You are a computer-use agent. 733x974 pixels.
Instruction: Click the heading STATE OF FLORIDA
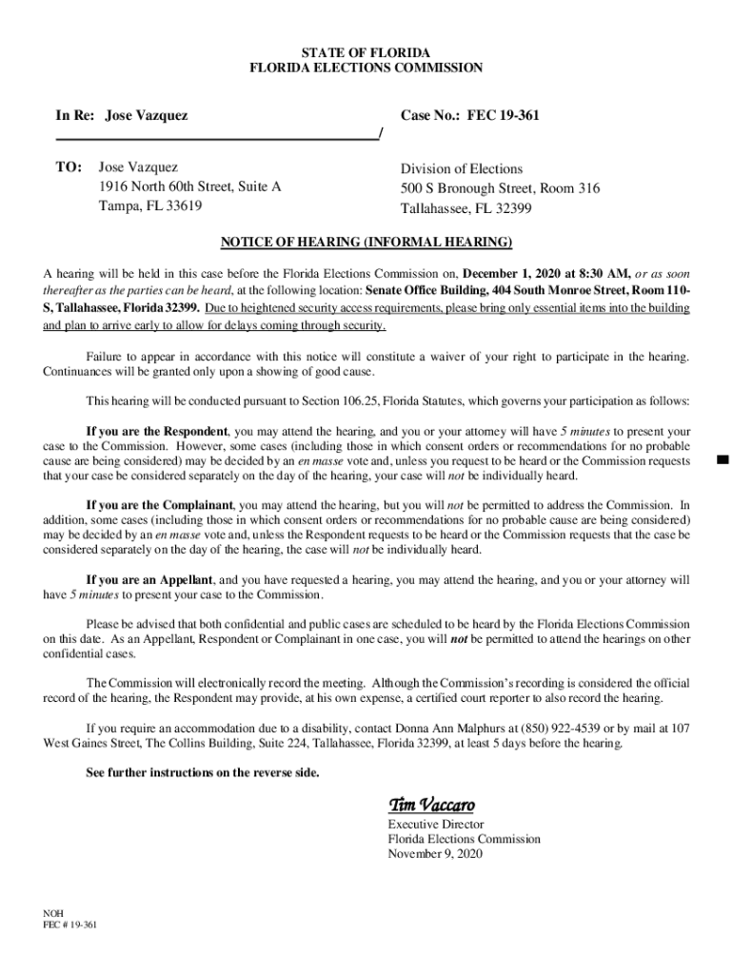tap(366, 51)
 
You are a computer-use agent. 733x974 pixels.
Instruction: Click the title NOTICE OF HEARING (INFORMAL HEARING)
tap(366, 242)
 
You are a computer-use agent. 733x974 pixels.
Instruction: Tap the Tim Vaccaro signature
tap(429, 805)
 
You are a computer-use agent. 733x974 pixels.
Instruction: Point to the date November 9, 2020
tap(435, 854)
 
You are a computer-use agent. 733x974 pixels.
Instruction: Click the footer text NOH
tap(53, 912)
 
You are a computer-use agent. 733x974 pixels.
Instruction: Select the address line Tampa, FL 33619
tap(150, 205)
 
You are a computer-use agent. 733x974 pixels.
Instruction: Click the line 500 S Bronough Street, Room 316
tap(500, 188)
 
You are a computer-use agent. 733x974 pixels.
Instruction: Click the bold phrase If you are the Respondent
tap(157, 431)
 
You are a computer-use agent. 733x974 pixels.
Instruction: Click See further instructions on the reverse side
tap(203, 772)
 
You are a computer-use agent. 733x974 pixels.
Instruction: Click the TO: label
tap(69, 167)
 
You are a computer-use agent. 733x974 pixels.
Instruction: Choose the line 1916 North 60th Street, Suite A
tap(190, 186)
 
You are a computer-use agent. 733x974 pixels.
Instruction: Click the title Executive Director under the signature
tap(436, 824)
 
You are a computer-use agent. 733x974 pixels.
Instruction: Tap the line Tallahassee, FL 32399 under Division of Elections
tap(466, 208)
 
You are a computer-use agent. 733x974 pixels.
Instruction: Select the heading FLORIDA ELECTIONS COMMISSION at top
tap(366, 68)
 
